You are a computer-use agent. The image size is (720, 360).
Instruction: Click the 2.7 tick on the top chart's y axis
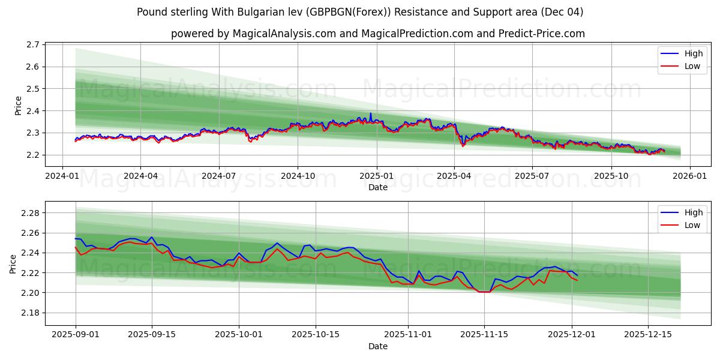click(33, 44)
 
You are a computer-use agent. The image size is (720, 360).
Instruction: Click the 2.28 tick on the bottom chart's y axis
click(29, 213)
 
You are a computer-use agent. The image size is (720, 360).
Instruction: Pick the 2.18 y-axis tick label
click(29, 313)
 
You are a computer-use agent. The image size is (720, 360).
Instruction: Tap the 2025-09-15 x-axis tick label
click(152, 334)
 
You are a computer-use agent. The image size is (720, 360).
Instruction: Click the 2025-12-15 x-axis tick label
click(647, 334)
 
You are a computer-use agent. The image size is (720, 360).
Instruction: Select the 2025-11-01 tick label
click(409, 334)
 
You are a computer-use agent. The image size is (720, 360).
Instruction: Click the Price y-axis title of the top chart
click(18, 105)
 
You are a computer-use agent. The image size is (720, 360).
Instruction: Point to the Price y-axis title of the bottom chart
click(13, 263)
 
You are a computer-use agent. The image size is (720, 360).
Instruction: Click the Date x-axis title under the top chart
click(377, 187)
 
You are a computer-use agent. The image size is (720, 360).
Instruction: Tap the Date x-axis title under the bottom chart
click(377, 346)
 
